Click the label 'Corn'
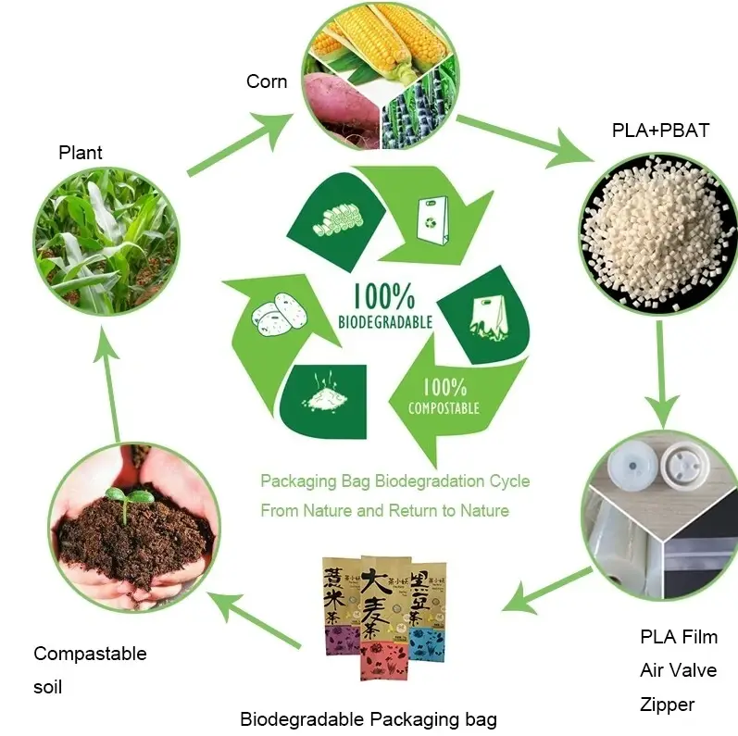pyautogui.click(x=267, y=81)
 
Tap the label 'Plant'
pyautogui.click(x=81, y=153)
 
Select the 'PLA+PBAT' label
pyautogui.click(x=660, y=131)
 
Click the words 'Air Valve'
pyautogui.click(x=678, y=670)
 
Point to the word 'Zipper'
pyautogui.click(x=667, y=705)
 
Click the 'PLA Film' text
pyautogui.click(x=678, y=637)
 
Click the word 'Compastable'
pyautogui.click(x=90, y=654)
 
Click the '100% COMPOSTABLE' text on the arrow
pyautogui.click(x=444, y=395)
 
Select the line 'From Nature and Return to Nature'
pyautogui.click(x=384, y=510)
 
